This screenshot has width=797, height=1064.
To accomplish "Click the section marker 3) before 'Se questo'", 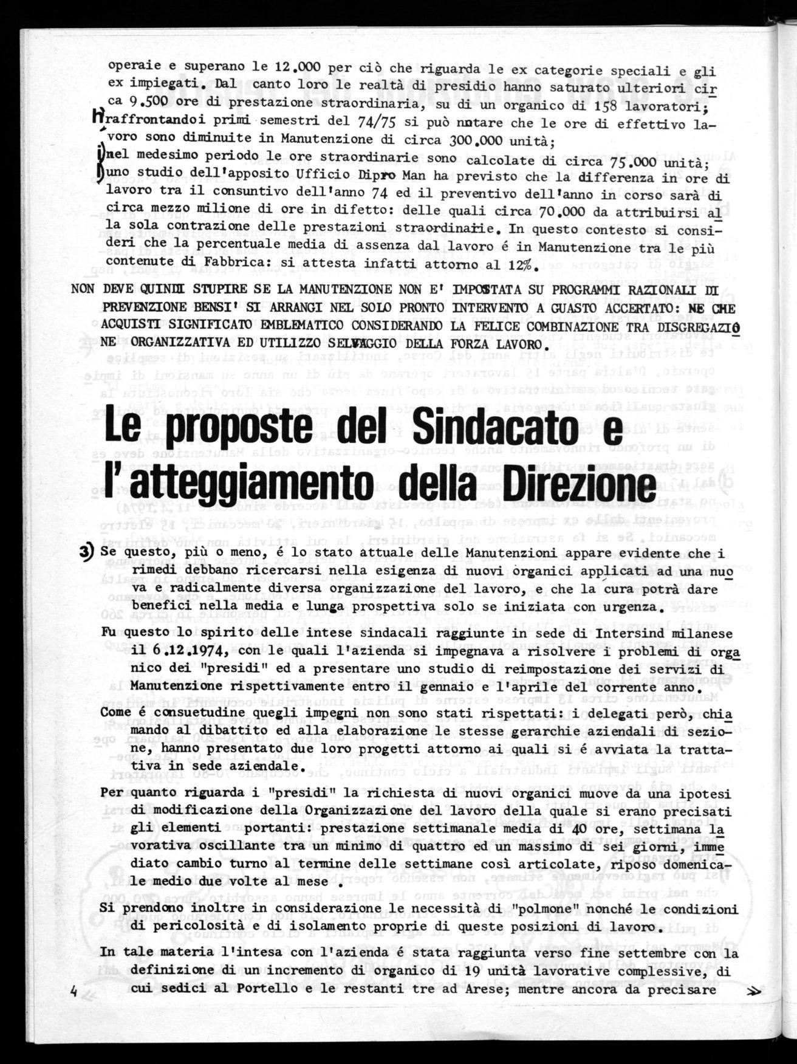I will [x=90, y=552].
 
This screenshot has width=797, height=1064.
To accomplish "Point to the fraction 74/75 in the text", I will [x=373, y=123].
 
